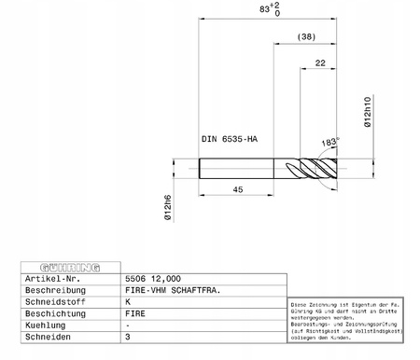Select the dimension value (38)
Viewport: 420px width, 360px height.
pyautogui.click(x=304, y=37)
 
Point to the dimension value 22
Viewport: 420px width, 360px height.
pyautogui.click(x=320, y=62)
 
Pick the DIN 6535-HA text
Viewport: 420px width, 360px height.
pyautogui.click(x=230, y=139)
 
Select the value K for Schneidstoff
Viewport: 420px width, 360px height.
pyautogui.click(x=128, y=302)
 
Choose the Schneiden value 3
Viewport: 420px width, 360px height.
pyautogui.click(x=128, y=339)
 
